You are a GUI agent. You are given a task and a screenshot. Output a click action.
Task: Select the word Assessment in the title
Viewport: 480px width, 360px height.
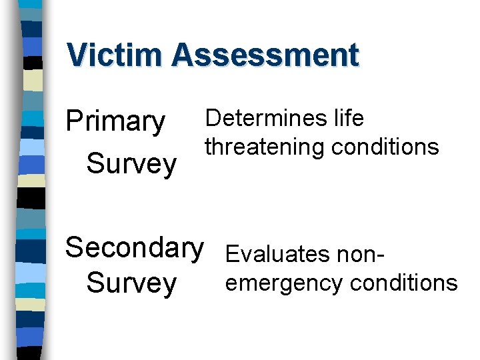coord(265,55)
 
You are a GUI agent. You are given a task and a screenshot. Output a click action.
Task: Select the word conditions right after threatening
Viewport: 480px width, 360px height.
coord(385,147)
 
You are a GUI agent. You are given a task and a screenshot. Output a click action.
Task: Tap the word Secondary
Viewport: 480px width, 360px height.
coord(134,247)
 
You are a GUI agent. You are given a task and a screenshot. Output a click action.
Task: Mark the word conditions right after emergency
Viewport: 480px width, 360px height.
coord(403,283)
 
